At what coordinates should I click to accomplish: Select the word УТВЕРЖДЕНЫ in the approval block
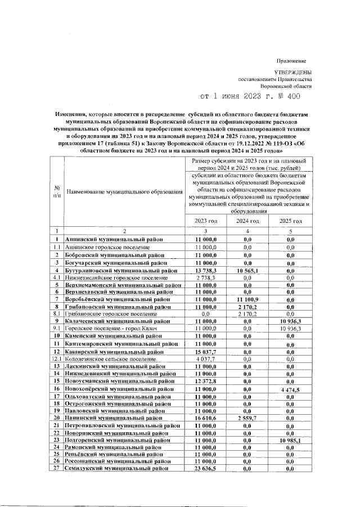(x=292, y=73)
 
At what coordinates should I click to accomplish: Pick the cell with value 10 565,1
(x=246, y=271)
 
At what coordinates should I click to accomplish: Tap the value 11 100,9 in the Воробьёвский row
(x=246, y=300)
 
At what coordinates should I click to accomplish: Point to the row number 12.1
(x=56, y=359)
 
